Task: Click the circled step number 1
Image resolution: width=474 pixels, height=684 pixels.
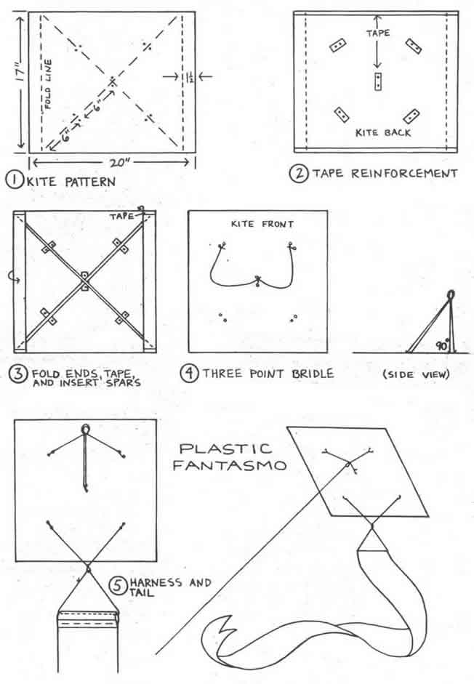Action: (x=15, y=180)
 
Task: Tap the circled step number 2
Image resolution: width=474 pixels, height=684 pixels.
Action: (x=299, y=173)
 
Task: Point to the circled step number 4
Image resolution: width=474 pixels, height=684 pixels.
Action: (x=190, y=374)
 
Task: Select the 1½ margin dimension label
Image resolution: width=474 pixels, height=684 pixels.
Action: (x=188, y=77)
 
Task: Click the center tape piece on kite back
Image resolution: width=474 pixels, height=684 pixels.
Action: (x=378, y=81)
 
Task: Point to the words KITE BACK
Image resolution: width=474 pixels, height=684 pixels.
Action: (x=383, y=132)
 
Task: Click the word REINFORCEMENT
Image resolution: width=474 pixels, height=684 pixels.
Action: (x=404, y=174)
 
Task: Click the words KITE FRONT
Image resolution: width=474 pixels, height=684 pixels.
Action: (x=262, y=224)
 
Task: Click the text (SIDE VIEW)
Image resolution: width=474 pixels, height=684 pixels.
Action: (x=416, y=374)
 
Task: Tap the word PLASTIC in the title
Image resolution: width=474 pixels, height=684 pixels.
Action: (x=225, y=449)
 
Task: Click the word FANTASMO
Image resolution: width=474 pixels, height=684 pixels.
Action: (x=230, y=465)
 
